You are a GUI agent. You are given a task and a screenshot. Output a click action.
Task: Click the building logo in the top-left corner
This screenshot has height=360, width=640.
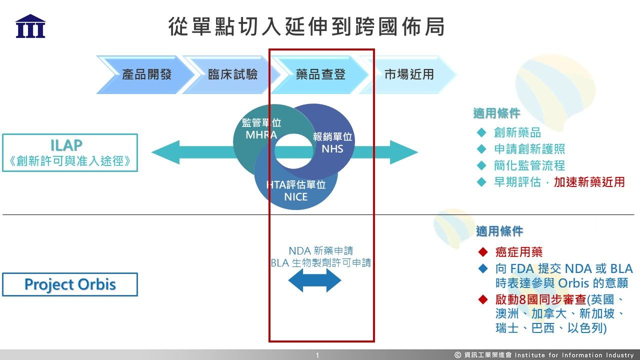pyautogui.click(x=30, y=26)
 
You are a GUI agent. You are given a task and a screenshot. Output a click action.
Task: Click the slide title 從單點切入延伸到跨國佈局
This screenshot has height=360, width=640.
pyautogui.click(x=306, y=27)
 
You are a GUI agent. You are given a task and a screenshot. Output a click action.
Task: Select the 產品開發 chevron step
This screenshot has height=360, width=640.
pyautogui.click(x=146, y=75)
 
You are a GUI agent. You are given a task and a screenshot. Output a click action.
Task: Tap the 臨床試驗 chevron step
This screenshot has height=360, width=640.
pyautogui.click(x=233, y=75)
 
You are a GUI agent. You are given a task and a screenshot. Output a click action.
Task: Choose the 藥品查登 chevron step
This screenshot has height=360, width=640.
pyautogui.click(x=320, y=75)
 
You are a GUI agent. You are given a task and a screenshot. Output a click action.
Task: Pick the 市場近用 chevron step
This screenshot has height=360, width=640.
pyautogui.click(x=409, y=75)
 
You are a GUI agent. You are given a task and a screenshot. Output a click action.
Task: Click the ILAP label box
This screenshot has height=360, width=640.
pyautogui.click(x=70, y=152)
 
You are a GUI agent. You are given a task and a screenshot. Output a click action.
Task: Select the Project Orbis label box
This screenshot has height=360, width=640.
pyautogui.click(x=70, y=284)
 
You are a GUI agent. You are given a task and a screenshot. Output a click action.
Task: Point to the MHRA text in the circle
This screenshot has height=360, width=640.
pyautogui.click(x=261, y=135)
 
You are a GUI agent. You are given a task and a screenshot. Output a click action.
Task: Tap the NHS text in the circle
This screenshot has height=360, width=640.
pyautogui.click(x=332, y=148)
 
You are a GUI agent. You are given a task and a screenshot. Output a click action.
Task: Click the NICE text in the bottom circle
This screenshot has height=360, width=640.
pyautogui.click(x=295, y=197)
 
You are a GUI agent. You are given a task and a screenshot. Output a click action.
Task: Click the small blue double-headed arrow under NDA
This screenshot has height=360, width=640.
pyautogui.click(x=315, y=281)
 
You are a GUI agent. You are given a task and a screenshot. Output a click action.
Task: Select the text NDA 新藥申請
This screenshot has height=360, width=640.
pyautogui.click(x=321, y=250)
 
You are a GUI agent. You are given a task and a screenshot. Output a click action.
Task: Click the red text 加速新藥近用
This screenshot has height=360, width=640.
pyautogui.click(x=589, y=182)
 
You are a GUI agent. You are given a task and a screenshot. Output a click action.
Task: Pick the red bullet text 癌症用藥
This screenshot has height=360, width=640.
pyautogui.click(x=518, y=252)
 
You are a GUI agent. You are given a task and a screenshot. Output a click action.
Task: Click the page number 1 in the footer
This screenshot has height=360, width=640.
pyautogui.click(x=317, y=355)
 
